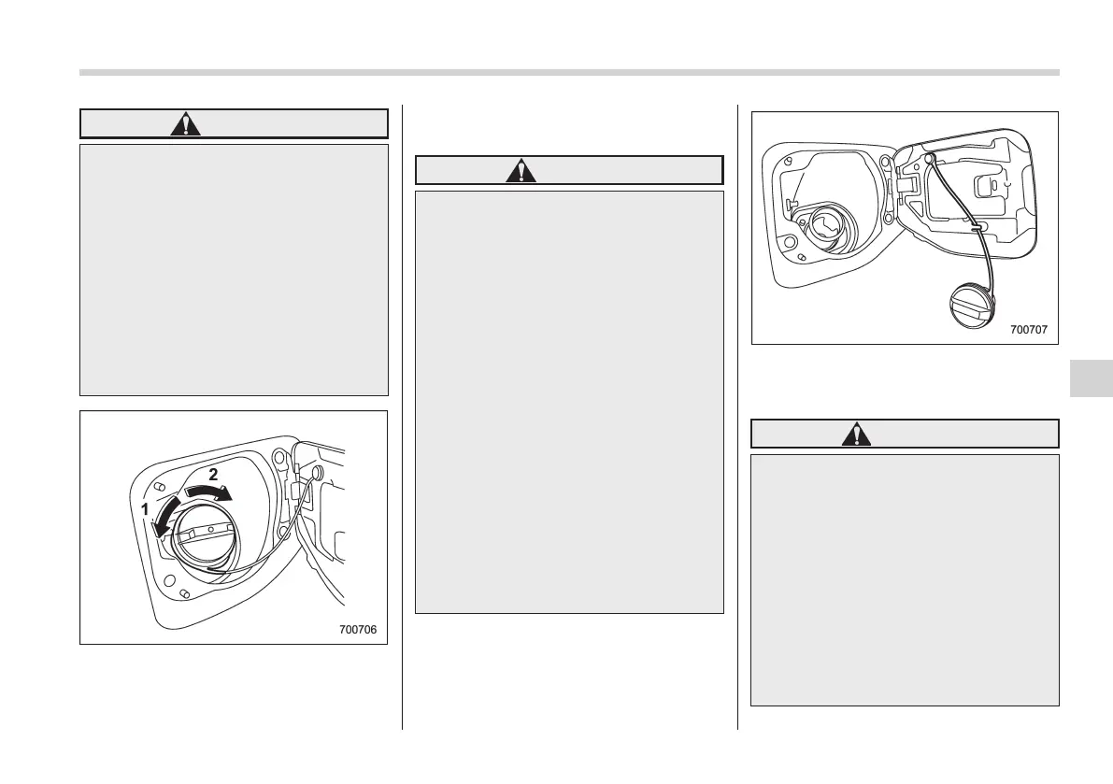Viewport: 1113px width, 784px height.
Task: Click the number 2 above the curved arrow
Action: click(x=213, y=475)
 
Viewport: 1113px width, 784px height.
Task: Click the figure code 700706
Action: click(x=358, y=630)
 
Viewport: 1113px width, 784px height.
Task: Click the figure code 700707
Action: click(x=1029, y=330)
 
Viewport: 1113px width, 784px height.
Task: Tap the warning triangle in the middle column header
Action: click(x=521, y=170)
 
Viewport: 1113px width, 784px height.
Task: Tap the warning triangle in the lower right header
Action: click(x=856, y=434)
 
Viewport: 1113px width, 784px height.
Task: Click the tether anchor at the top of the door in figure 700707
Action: click(x=932, y=159)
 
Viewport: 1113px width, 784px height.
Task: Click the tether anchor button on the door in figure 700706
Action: click(x=316, y=473)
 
